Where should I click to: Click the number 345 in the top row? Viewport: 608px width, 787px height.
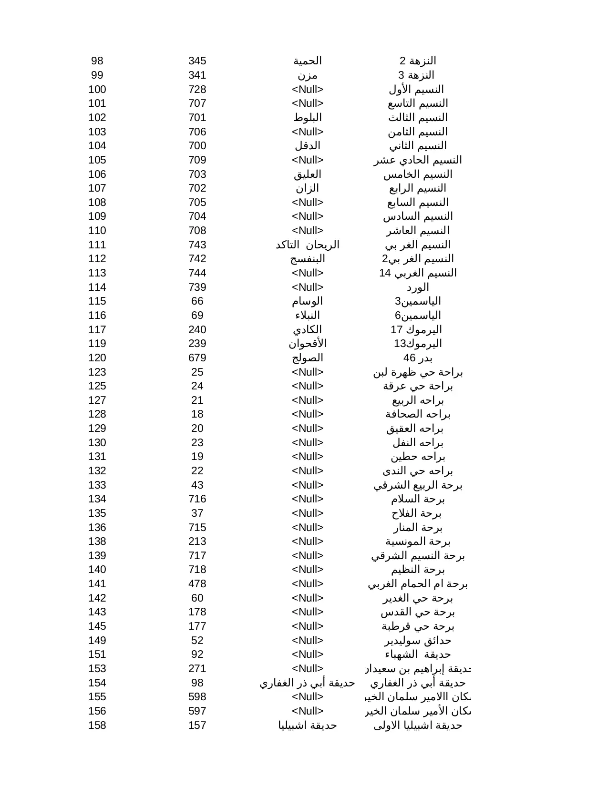[x=197, y=61]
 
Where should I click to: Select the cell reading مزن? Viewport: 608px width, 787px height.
[x=308, y=75]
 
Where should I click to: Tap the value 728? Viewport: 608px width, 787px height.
[x=197, y=90]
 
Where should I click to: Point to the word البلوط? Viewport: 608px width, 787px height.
[x=308, y=118]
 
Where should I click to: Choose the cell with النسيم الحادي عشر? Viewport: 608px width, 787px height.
[x=418, y=160]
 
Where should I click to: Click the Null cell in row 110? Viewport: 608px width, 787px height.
[x=308, y=231]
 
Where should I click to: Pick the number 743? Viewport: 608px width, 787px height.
[x=197, y=245]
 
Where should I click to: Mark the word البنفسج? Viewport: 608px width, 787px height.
[x=308, y=259]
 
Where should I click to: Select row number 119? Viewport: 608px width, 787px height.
[x=97, y=344]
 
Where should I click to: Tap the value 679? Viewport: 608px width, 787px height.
[x=197, y=358]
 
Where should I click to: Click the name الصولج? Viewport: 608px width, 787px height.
[x=308, y=358]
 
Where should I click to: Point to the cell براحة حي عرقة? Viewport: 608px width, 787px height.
[x=418, y=386]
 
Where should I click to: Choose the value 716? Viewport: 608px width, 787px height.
[x=197, y=499]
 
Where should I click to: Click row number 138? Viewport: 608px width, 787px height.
[x=97, y=542]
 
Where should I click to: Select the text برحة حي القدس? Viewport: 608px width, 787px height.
[x=418, y=612]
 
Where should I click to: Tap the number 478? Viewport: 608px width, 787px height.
[x=197, y=584]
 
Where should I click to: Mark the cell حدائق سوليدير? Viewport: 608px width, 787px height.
[x=418, y=641]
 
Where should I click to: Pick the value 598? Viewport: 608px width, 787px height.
[x=197, y=697]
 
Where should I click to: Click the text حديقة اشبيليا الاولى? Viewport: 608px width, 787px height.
[x=418, y=726]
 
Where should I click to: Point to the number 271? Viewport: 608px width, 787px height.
[x=197, y=669]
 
